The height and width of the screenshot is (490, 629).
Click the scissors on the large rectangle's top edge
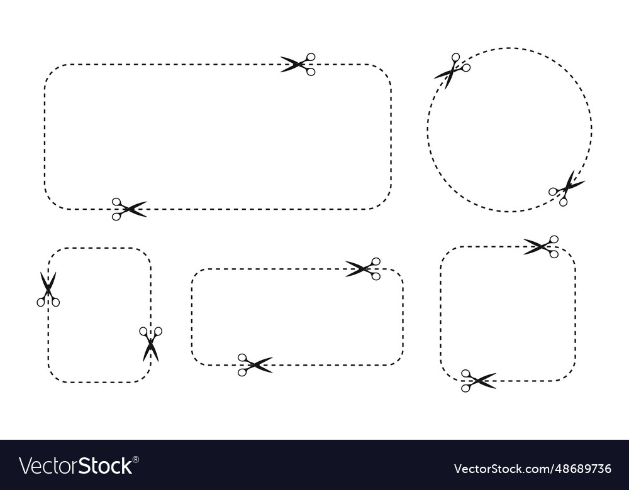299,64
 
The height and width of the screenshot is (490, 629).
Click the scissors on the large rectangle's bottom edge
128,209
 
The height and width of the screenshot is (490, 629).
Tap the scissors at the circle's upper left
453,69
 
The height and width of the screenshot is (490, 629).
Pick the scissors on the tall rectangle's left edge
48,290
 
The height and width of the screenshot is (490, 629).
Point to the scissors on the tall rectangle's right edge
151,343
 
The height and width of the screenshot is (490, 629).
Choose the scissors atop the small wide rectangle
364,269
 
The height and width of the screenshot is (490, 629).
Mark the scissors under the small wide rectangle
255,365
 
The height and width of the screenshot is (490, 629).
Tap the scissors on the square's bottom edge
478,381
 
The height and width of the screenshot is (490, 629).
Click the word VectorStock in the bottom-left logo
75,466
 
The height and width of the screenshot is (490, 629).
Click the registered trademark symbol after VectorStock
136,459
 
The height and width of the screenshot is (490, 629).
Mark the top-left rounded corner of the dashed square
447,253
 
